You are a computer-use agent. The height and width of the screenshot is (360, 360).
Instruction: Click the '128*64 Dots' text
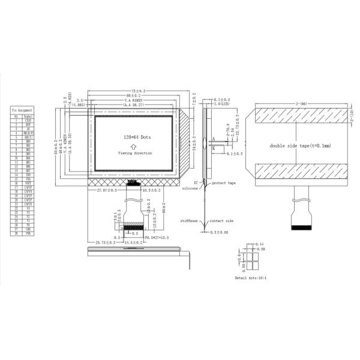tap(134, 137)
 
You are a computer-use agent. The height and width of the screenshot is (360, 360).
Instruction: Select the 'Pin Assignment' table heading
tap(22, 112)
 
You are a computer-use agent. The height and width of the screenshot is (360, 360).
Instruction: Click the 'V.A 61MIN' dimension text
tap(136, 99)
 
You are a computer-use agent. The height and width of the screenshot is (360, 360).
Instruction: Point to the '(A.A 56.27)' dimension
tap(136, 104)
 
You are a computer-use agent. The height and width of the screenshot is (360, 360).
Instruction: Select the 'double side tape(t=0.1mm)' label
tap(301, 145)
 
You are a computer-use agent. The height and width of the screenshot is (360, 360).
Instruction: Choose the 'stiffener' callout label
tap(189, 221)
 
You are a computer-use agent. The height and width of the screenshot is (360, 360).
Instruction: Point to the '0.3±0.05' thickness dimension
tap(221, 231)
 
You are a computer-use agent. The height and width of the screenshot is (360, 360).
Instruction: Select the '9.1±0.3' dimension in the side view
tap(234, 154)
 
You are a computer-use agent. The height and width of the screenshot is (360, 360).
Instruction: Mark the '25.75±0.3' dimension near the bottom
tap(106, 242)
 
